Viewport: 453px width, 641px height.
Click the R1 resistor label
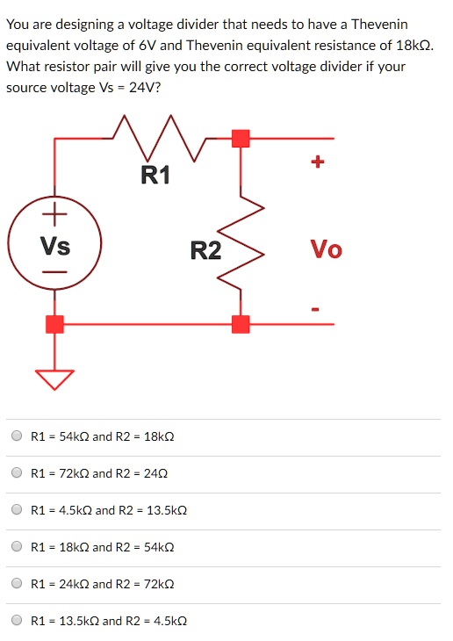pos(155,176)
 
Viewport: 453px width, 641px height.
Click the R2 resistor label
pos(205,251)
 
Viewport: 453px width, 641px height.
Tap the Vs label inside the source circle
pos(55,247)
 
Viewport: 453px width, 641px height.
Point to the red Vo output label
pos(327,250)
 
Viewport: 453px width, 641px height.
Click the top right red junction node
pos(240,138)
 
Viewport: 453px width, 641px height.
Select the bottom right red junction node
pos(240,324)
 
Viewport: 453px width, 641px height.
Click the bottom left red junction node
pos(54,324)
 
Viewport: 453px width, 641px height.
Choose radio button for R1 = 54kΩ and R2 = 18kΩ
pos(17,436)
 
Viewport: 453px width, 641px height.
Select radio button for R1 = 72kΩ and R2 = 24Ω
pos(17,473)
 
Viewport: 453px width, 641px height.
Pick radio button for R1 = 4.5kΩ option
pos(17,510)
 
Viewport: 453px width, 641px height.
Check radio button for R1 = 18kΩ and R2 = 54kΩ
pos(17,547)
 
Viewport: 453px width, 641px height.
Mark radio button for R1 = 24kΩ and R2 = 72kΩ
pos(17,584)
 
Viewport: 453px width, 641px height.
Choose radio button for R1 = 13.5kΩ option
pos(17,621)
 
